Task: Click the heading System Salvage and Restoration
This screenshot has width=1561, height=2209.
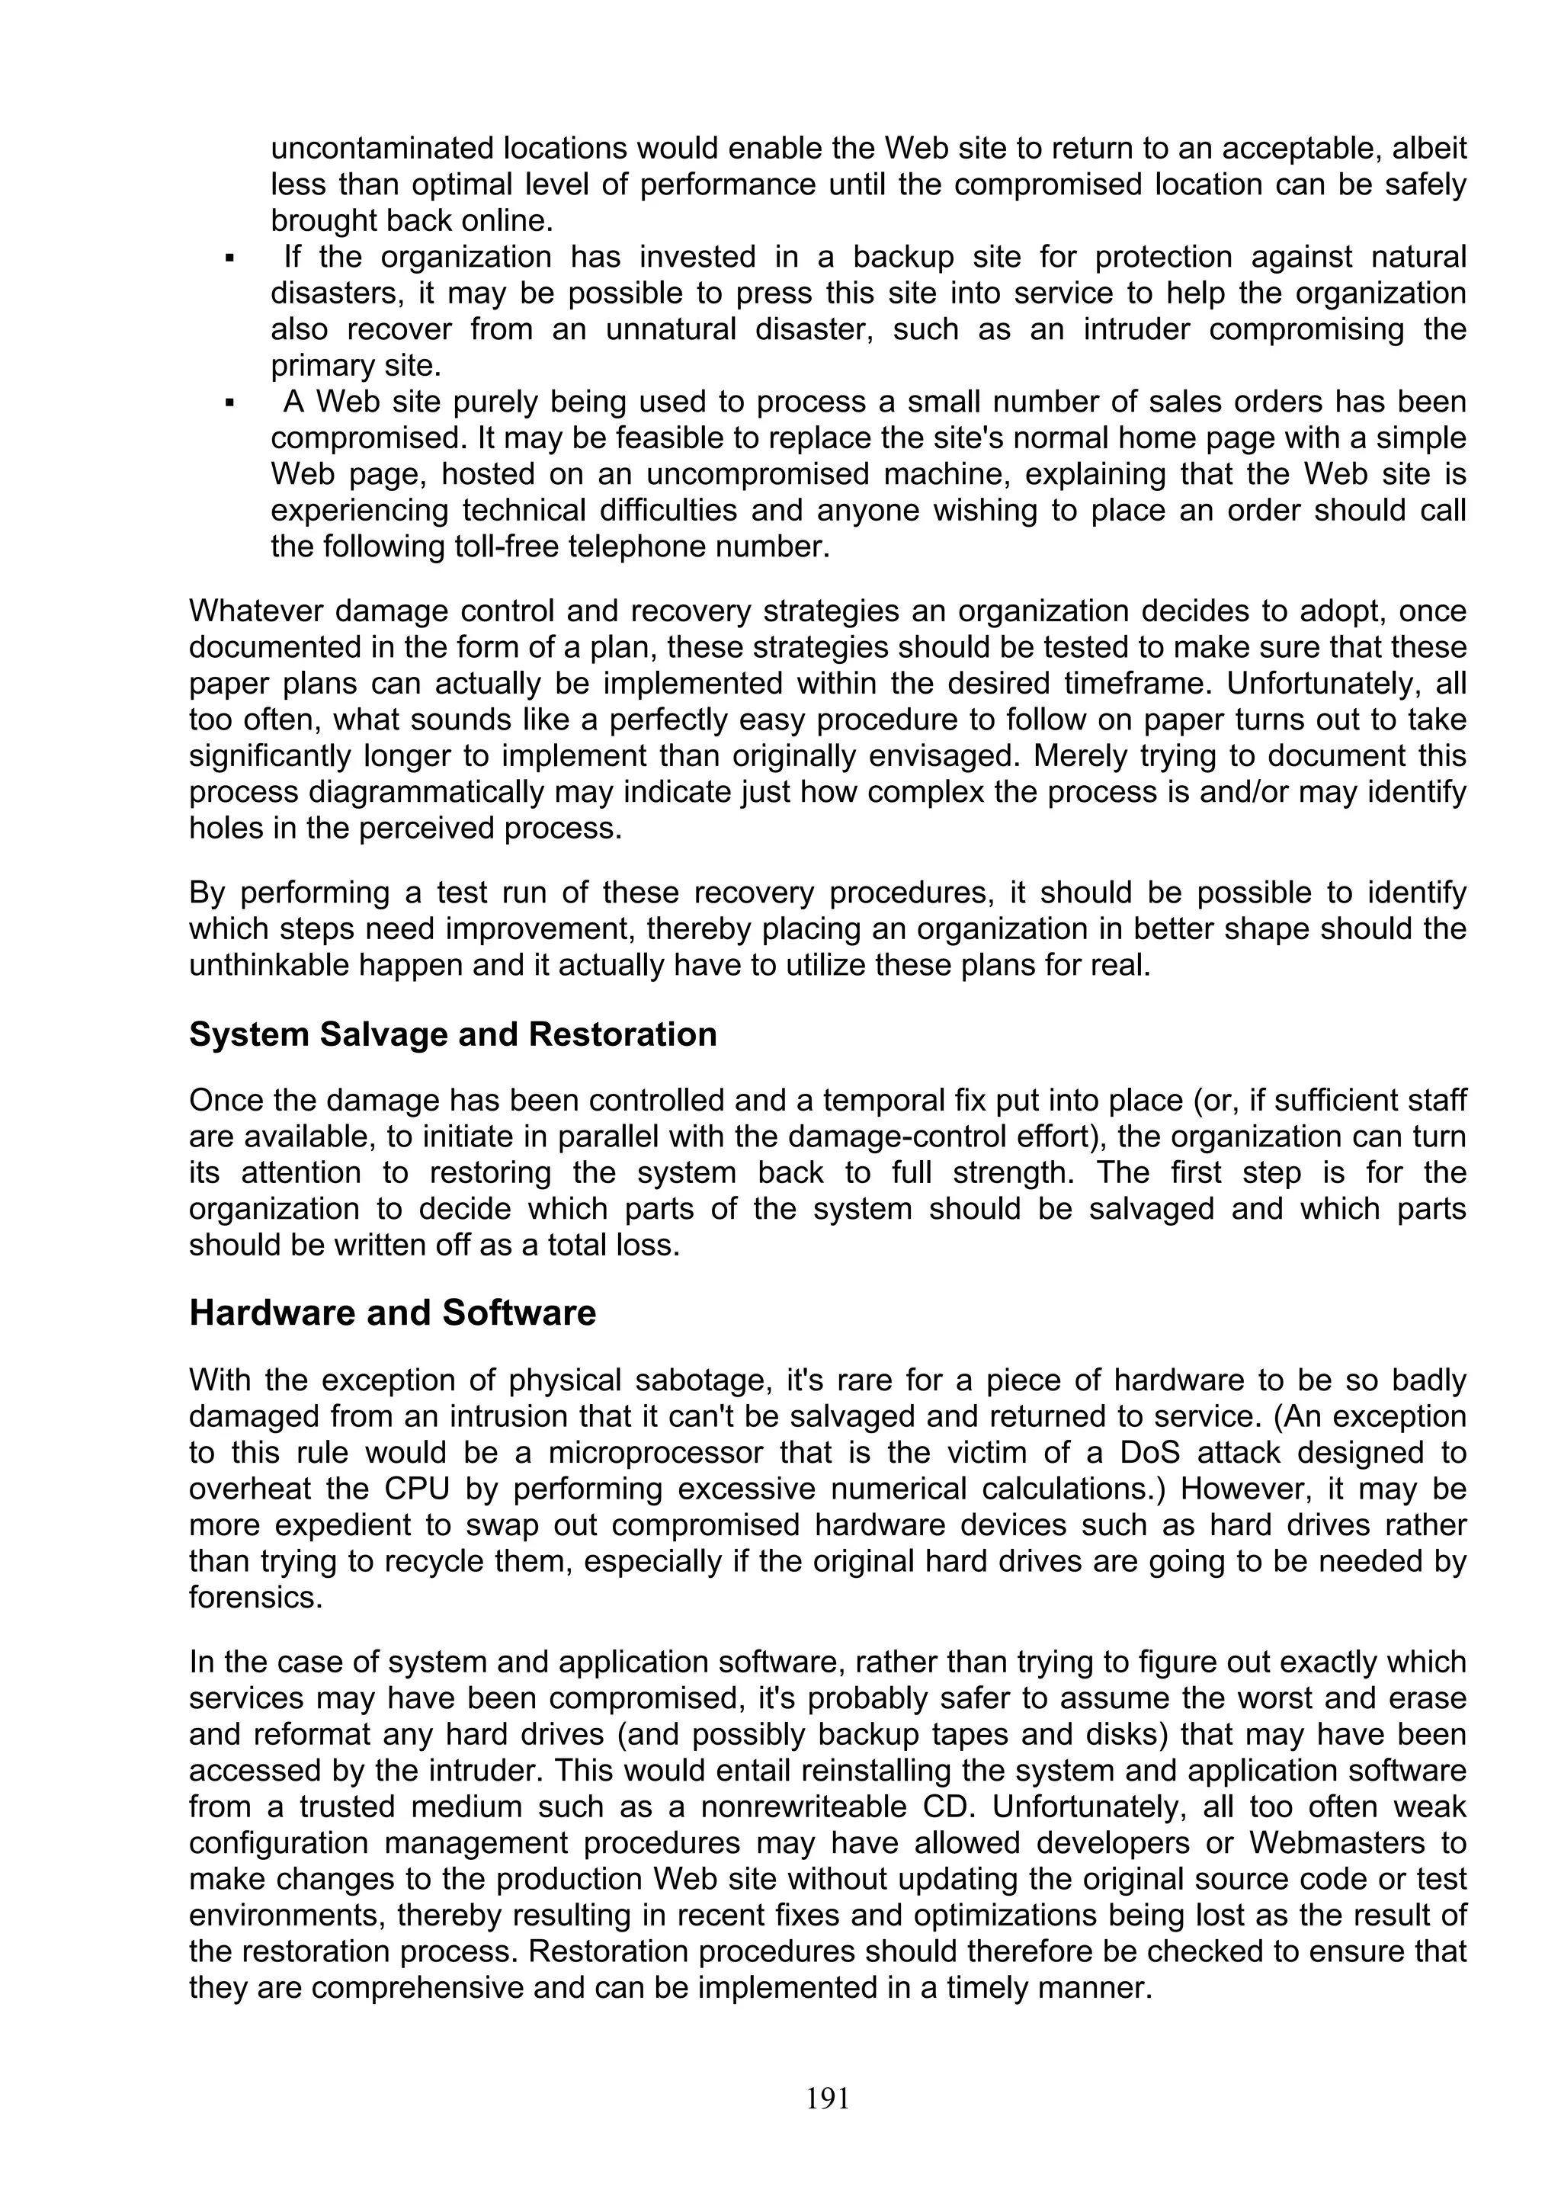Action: coord(453,1034)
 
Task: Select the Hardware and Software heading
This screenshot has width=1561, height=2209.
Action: coord(393,1313)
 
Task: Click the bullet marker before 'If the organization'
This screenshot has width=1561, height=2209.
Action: coord(230,258)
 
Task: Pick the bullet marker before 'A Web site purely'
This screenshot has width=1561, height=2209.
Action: coord(230,402)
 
